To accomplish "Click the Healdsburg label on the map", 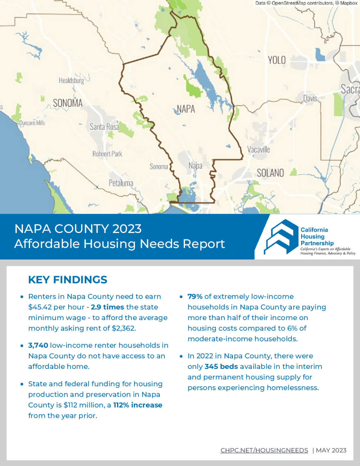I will tap(71, 80).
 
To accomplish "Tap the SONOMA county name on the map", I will tap(68, 103).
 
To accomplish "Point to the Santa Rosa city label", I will tap(104, 127).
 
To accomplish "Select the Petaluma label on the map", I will tap(121, 183).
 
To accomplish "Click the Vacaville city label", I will tap(258, 150).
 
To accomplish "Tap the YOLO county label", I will tap(277, 60).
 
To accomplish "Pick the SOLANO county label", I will tap(270, 173).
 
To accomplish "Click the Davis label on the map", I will tap(310, 98).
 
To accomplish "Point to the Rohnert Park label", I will tap(107, 154).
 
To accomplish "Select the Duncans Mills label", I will tap(32, 123).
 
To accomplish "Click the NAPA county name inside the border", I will tap(186, 109).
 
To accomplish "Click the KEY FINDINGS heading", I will tap(68, 280).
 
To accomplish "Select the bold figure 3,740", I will tap(38, 345).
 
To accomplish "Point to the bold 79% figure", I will tap(195, 296).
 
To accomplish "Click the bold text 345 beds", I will tap(221, 366).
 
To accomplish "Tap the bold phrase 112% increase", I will tap(138, 405).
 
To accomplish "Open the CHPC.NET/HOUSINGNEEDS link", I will tap(264, 451).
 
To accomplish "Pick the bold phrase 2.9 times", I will tap(107, 307).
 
